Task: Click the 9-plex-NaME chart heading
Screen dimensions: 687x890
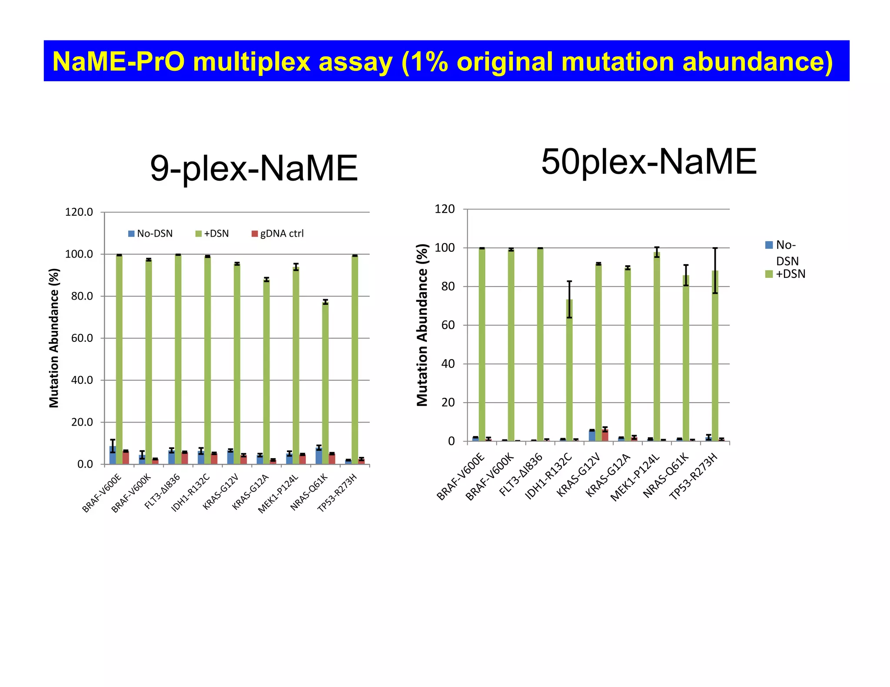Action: pos(254,169)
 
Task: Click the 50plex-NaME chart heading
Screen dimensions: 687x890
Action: pos(648,162)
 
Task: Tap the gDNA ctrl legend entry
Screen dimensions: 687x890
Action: pos(278,234)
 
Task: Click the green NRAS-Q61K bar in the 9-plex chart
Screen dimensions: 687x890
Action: pos(325,382)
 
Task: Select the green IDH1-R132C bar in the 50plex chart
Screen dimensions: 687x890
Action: pos(569,369)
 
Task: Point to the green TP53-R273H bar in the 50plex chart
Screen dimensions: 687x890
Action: pos(715,356)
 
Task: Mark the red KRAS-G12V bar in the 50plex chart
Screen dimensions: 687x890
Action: pos(605,435)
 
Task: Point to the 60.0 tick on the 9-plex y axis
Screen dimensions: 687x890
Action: pos(82,338)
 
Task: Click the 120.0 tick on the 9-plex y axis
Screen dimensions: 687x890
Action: pos(79,212)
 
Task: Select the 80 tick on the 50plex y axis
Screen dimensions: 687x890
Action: pos(448,287)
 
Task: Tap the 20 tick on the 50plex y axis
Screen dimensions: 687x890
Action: pos(448,403)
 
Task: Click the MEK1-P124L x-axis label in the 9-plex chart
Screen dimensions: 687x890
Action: pos(279,494)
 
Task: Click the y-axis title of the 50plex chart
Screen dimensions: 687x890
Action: pos(422,325)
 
